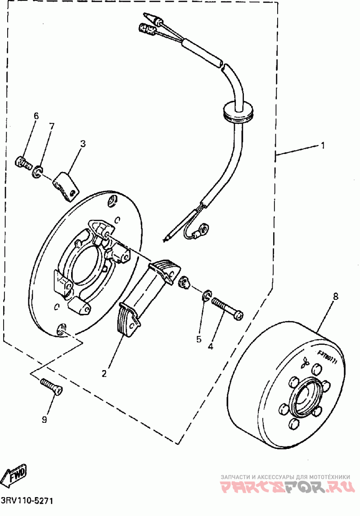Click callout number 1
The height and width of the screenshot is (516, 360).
click(x=322, y=145)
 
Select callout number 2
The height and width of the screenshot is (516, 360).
click(x=104, y=373)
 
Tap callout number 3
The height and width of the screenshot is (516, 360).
click(x=83, y=144)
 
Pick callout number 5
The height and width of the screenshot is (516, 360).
click(x=199, y=339)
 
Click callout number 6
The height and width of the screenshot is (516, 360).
click(x=36, y=116)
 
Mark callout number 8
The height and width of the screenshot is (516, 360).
click(x=335, y=297)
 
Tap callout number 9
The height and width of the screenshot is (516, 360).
click(x=45, y=420)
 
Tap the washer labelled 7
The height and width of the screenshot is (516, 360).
click(x=37, y=171)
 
